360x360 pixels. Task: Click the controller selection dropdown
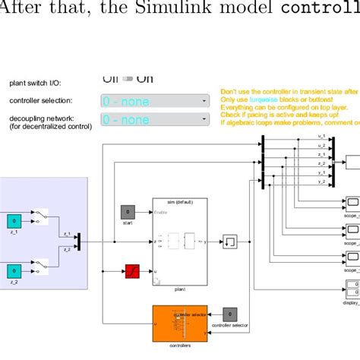click(x=155, y=101)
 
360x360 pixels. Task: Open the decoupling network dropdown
click(x=155, y=120)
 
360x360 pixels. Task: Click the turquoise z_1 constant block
click(x=14, y=221)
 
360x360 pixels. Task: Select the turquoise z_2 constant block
click(x=14, y=271)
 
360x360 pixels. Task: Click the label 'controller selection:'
click(x=40, y=101)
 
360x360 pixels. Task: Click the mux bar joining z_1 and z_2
click(x=79, y=241)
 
